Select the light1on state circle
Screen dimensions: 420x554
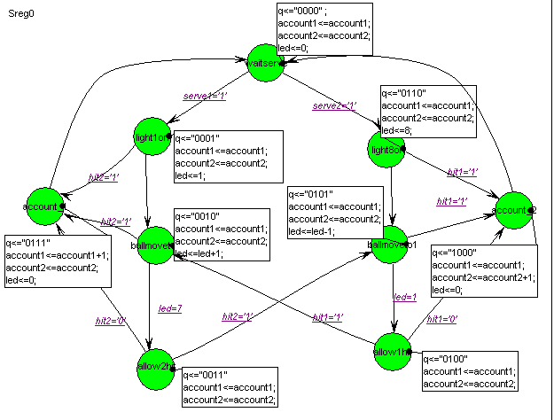click(x=152, y=136)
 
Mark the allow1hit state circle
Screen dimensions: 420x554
click(x=391, y=352)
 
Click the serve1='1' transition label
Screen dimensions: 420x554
click(x=205, y=95)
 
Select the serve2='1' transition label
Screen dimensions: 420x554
click(x=333, y=106)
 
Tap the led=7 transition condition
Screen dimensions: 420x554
click(x=169, y=308)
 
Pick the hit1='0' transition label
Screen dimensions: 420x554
click(x=443, y=319)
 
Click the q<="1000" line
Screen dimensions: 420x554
click(x=454, y=253)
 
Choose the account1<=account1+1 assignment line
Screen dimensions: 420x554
click(x=57, y=255)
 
